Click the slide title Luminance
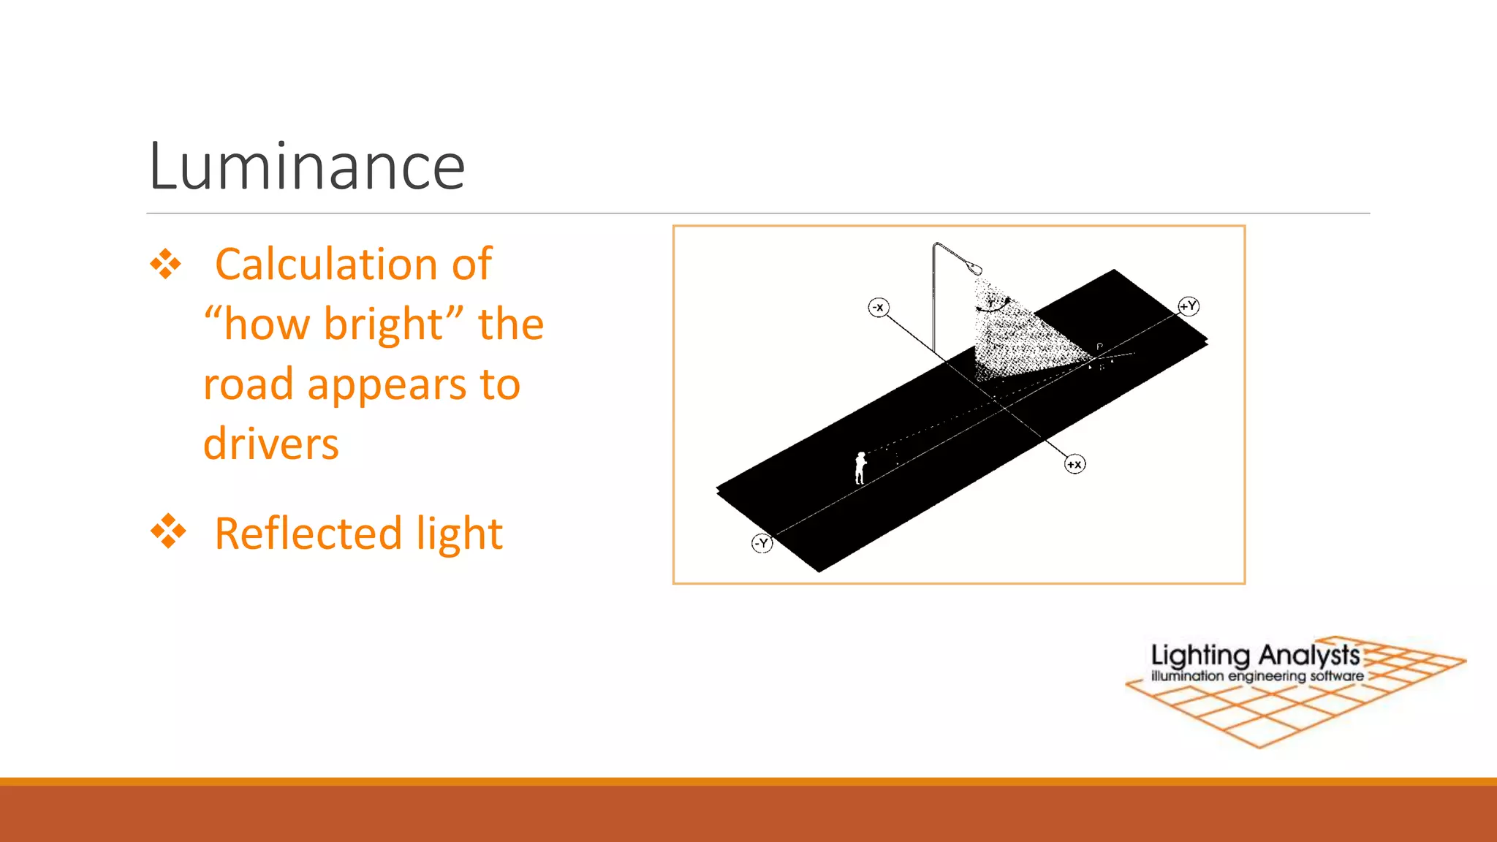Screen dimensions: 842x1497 tap(306, 167)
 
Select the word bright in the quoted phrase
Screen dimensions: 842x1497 tap(382, 324)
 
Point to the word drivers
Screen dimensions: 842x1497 tap(271, 444)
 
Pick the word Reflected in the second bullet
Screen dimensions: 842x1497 tap(308, 533)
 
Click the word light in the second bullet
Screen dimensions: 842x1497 tap(459, 533)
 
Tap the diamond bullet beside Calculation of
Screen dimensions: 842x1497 tap(166, 265)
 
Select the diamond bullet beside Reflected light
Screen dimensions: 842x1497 tap(168, 531)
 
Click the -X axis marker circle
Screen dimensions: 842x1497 tap(879, 308)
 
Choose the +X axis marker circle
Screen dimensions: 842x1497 tap(1075, 464)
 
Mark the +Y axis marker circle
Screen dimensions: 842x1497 tap(1189, 306)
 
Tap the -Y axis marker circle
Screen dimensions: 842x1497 tap(762, 543)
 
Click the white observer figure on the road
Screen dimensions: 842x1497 tap(860, 468)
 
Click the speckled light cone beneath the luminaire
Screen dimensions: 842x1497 tap(1020, 336)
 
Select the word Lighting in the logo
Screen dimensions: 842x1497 tap(1200, 656)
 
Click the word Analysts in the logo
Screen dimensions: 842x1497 tap(1309, 654)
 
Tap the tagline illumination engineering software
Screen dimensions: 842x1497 tap(1257, 677)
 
